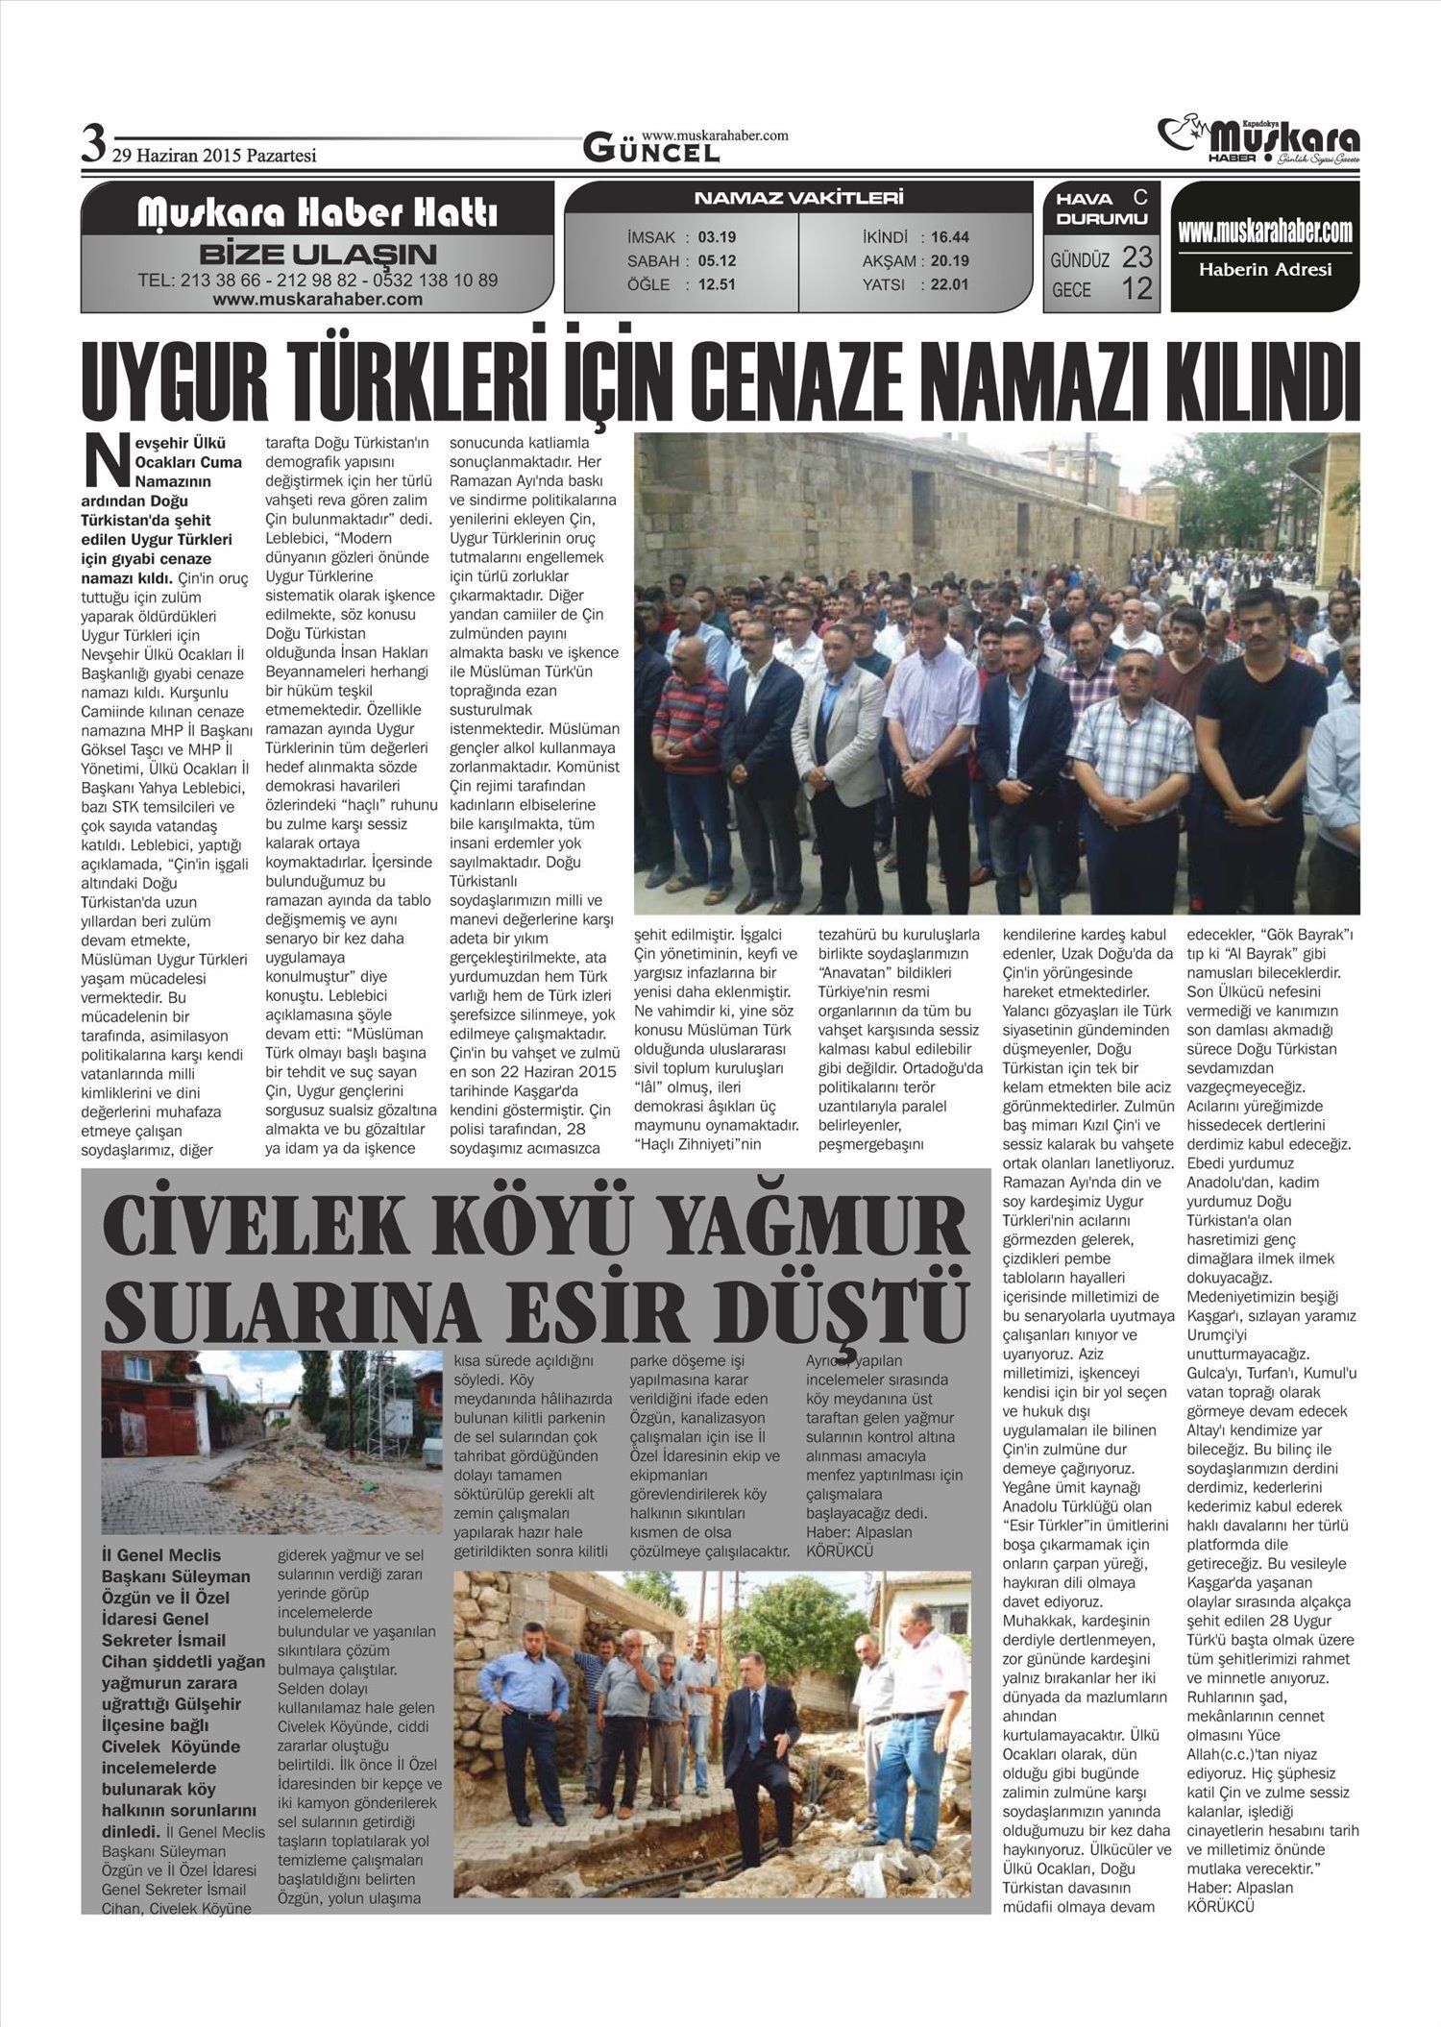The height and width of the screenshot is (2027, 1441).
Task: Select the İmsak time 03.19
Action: click(717, 237)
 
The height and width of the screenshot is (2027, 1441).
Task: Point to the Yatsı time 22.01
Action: click(950, 284)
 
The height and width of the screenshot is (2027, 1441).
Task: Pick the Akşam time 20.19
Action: click(950, 260)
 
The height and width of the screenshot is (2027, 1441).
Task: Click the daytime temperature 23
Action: click(1136, 257)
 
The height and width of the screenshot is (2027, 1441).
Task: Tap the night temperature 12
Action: click(1136, 288)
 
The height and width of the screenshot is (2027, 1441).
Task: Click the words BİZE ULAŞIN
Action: click(317, 256)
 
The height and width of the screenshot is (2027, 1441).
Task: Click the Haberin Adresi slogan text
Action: click(1264, 270)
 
